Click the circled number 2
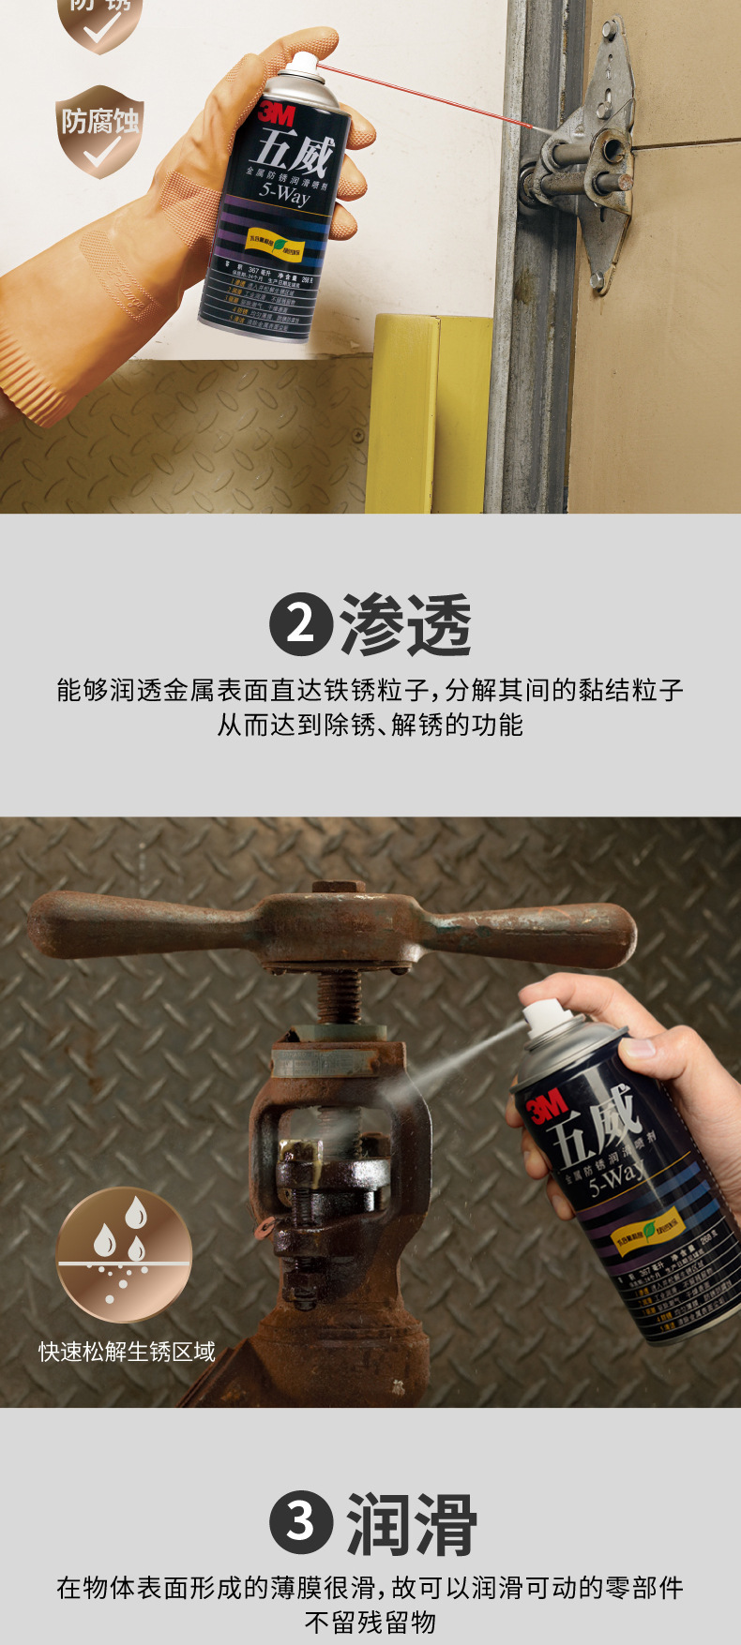point(300,623)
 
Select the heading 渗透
point(405,624)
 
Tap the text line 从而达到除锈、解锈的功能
point(370,725)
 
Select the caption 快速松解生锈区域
point(127,1351)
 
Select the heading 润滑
point(411,1524)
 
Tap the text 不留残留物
point(370,1622)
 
